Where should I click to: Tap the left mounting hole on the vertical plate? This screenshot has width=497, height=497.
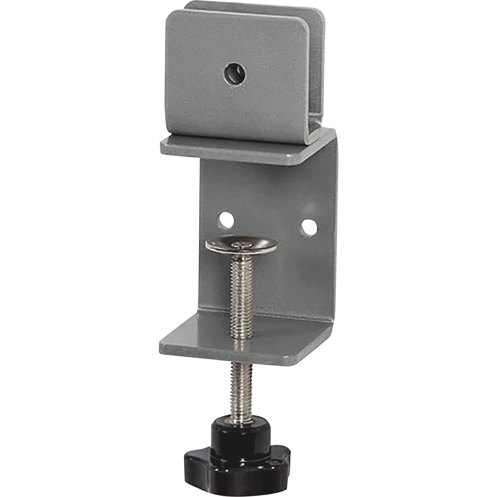(227, 213)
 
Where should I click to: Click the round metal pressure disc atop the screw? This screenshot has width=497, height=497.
(241, 243)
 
